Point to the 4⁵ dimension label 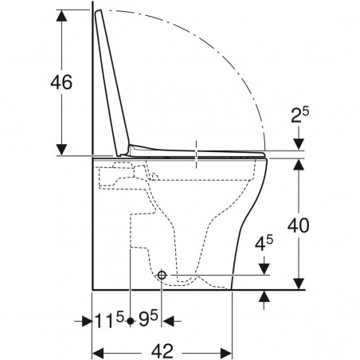point(267,242)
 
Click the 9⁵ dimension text point(147,323)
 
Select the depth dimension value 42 point(164,351)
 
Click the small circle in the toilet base point(162,275)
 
